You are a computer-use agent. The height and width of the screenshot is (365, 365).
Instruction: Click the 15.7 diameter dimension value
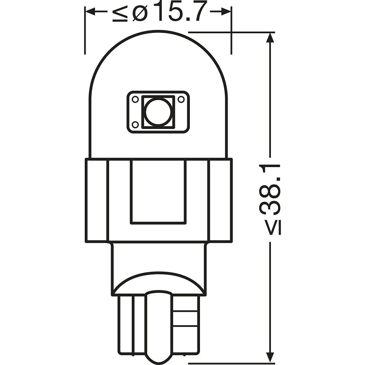pyautogui.click(x=179, y=12)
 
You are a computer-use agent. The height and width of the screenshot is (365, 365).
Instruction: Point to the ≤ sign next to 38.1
pyautogui.click(x=274, y=228)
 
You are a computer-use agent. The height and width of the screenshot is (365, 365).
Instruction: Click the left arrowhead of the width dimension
pyautogui.click(x=90, y=11)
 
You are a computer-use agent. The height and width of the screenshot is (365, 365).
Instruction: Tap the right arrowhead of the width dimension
pyautogui.click(x=226, y=11)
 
